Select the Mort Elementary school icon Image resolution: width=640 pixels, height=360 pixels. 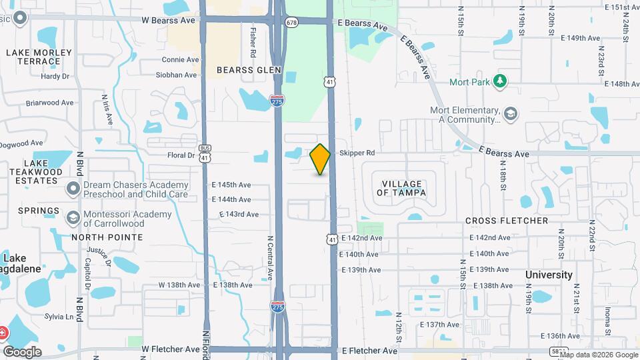click(511, 113)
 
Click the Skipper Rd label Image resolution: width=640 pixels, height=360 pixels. click(357, 153)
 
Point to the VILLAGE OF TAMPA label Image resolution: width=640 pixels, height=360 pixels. click(402, 188)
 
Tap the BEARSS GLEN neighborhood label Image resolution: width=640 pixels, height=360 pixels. click(249, 69)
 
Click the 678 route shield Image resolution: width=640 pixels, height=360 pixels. click(291, 23)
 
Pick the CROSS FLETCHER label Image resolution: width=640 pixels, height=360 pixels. click(507, 221)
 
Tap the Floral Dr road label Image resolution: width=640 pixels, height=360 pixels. click(181, 155)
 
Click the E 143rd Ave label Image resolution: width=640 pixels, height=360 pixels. click(239, 214)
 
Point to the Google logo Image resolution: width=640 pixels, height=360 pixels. click(22, 351)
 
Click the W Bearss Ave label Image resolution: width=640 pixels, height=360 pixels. click(168, 20)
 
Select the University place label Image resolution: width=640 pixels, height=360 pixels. click(549, 275)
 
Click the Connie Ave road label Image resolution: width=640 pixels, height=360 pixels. click(180, 59)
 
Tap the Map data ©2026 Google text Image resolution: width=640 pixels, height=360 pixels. click(598, 355)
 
